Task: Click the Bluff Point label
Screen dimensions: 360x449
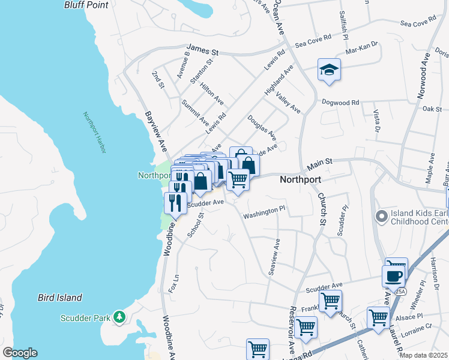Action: coord(86,5)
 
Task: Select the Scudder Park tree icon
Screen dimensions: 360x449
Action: coord(119,316)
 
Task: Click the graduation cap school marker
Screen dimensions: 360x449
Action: coord(329,70)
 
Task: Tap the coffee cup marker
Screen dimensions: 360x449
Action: coord(393,277)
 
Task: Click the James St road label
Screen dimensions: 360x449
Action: coord(203,49)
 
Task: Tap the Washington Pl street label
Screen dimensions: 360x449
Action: coord(264,212)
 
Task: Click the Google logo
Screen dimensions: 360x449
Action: coord(20,353)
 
